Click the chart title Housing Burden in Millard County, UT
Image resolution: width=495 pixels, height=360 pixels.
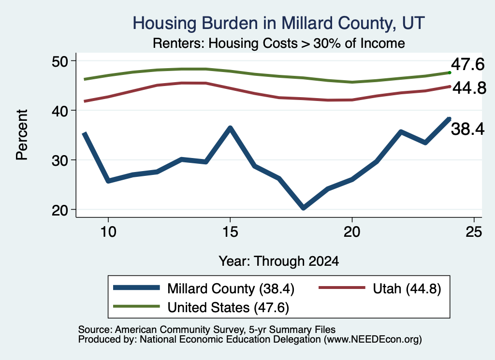click(278, 23)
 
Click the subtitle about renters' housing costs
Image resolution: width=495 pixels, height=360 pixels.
click(279, 43)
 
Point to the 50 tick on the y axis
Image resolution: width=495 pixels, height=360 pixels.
click(60, 61)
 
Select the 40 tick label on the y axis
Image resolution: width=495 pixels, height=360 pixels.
click(60, 111)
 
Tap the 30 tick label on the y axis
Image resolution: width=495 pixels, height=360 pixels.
click(60, 160)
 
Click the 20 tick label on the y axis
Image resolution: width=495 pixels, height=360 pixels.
click(60, 210)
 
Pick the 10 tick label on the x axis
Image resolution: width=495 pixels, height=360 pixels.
click(108, 232)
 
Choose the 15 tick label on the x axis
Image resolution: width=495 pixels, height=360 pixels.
click(230, 232)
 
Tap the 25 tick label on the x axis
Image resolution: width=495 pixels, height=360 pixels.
click(474, 232)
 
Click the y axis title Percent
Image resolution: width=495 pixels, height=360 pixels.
click(22, 135)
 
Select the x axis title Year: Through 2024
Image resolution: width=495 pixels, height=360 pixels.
click(279, 261)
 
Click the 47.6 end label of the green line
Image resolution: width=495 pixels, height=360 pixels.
click(467, 64)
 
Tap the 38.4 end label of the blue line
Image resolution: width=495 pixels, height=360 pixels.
click(467, 129)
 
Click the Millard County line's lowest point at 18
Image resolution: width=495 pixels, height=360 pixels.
click(304, 207)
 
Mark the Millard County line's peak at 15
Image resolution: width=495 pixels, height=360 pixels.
click(230, 128)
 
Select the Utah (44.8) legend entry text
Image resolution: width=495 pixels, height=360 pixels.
click(407, 288)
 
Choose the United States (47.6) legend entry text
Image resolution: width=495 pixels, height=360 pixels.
click(228, 307)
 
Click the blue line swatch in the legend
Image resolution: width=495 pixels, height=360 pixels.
click(136, 288)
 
